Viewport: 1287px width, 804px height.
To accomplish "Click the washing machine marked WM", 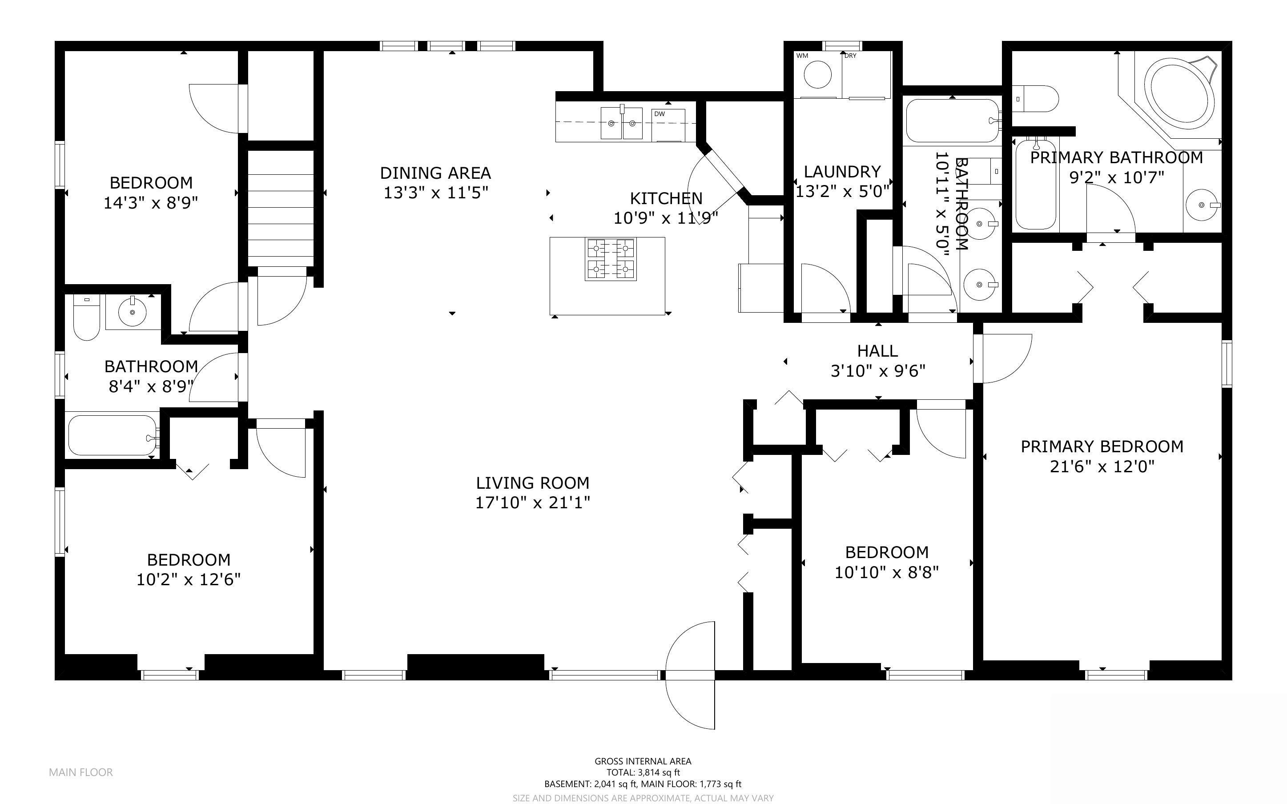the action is [817, 74].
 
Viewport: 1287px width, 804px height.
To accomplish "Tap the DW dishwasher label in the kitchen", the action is [659, 114].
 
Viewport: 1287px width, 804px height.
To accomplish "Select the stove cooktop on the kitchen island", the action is [611, 260].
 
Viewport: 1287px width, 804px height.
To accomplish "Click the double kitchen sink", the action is [621, 123].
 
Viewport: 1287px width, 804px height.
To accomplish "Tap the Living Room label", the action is [533, 483].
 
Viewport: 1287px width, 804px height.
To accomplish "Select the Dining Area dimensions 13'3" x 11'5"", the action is [436, 193].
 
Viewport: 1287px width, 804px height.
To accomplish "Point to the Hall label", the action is [878, 351].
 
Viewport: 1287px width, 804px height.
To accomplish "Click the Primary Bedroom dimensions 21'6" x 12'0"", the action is [1102, 467].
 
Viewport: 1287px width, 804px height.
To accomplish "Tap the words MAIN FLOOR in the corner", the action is [81, 772].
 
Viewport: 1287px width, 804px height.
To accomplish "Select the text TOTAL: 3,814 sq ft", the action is [643, 772].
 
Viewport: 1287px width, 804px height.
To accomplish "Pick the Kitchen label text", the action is [666, 198].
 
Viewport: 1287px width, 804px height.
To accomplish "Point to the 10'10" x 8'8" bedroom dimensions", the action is [887, 573].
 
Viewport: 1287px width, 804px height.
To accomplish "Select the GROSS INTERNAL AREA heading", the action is [643, 761].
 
